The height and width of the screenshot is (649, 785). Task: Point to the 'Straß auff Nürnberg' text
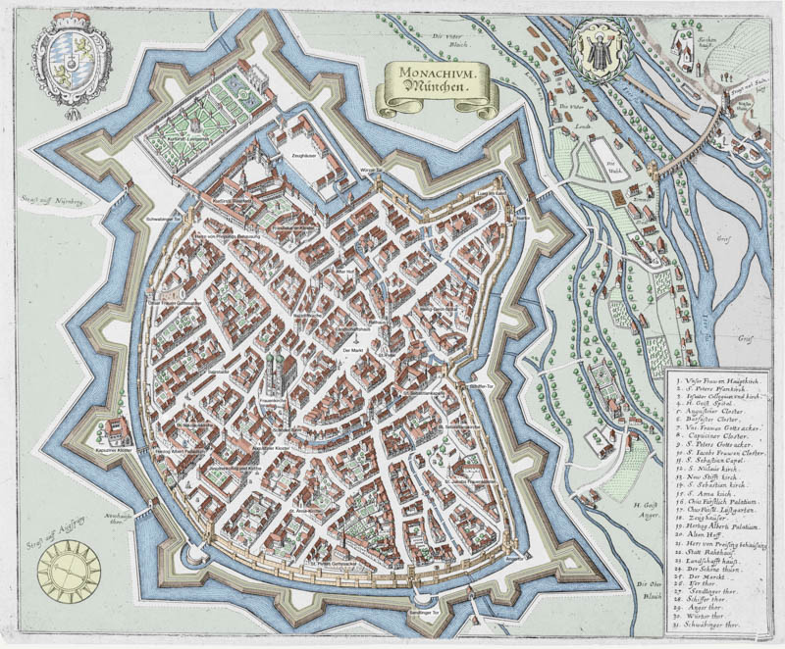click(47, 201)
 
